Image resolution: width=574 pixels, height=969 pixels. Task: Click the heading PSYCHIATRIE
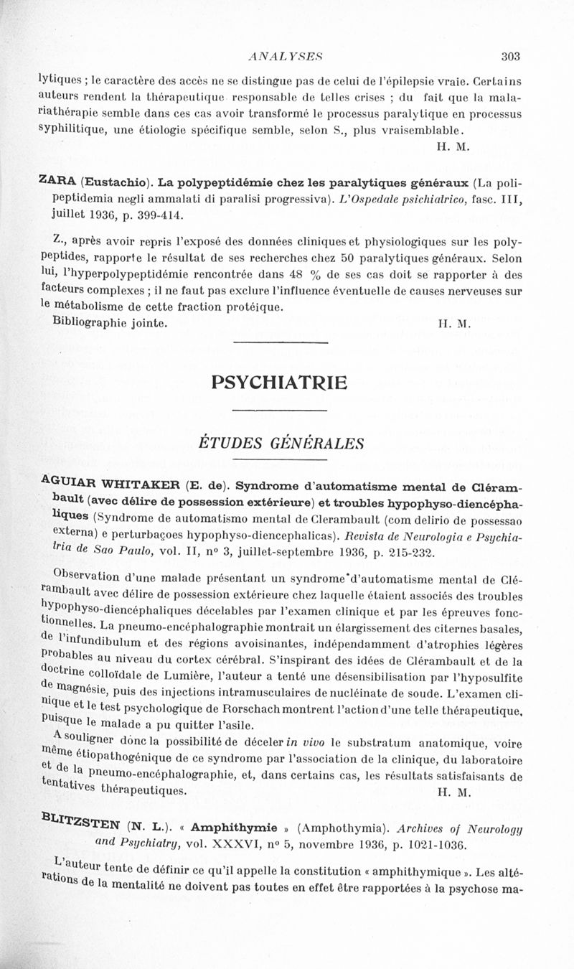point(280,383)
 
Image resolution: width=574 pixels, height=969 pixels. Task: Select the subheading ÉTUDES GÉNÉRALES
point(281,443)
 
